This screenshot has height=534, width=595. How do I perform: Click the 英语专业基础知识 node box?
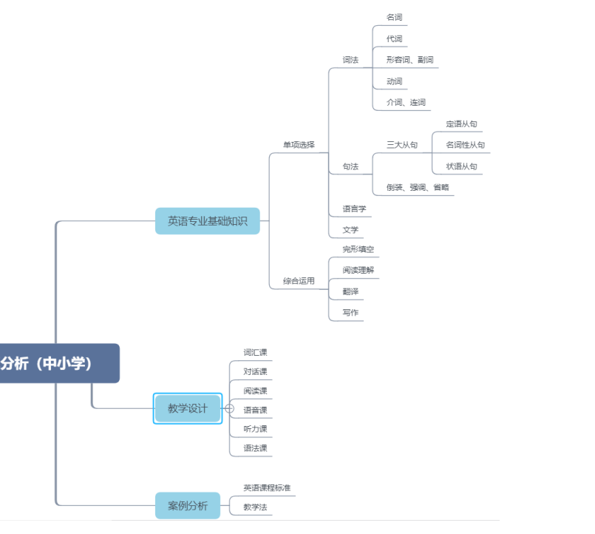point(207,220)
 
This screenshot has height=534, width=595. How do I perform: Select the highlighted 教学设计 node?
point(188,408)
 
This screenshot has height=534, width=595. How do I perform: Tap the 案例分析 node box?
point(188,506)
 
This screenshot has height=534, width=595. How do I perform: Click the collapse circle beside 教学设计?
point(229,408)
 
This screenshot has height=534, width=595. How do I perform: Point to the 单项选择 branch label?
point(299,145)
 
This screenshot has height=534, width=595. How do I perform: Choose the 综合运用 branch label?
point(299,281)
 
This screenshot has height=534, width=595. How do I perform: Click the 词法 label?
point(350,60)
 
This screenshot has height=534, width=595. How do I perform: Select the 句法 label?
point(350,167)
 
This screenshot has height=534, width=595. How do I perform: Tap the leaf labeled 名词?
point(394,17)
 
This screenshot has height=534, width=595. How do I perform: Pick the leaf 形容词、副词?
point(409,60)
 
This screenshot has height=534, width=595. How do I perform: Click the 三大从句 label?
point(402,145)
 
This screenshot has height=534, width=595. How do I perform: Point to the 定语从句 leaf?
point(461,124)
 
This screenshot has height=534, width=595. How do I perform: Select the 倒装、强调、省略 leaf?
point(418,188)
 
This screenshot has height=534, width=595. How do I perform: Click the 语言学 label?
point(354,209)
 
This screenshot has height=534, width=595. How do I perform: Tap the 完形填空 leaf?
point(358,249)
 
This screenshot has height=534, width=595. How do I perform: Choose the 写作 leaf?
point(350,313)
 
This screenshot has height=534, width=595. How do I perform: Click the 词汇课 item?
point(255,353)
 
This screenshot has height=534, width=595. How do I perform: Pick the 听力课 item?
point(255,429)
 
